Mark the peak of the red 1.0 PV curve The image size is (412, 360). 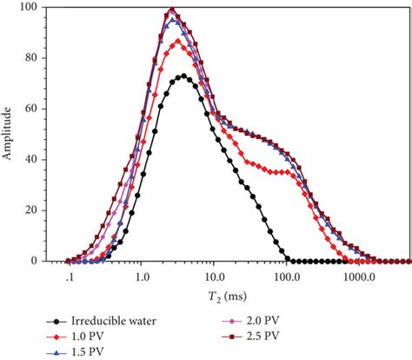pos(180,40)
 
